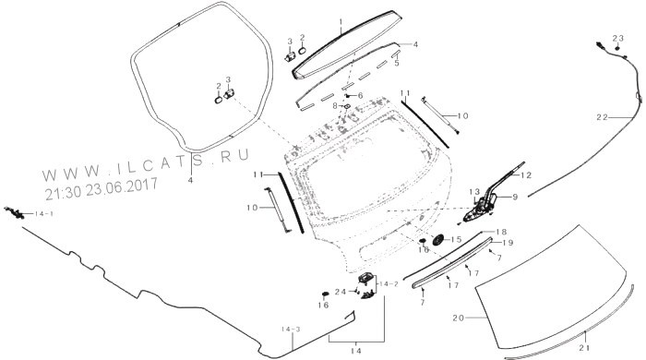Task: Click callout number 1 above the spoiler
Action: coord(341,21)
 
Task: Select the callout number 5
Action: coord(397,64)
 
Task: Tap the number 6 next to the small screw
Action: coord(361,96)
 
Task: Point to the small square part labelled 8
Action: coord(347,107)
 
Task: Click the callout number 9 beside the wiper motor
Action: coord(515,198)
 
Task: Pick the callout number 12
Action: coord(526,175)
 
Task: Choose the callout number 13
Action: coord(474,192)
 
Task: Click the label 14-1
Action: coord(43,214)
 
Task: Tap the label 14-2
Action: coord(389,284)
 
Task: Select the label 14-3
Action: coord(292,330)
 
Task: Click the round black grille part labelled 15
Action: coord(437,240)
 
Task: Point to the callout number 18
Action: coord(501,232)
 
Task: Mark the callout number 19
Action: coord(508,243)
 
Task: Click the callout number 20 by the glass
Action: coord(459,318)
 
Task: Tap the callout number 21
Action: coord(584,348)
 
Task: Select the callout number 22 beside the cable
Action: coord(602,117)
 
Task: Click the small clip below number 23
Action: coord(617,48)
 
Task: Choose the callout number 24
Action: coord(341,292)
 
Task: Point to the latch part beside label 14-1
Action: coord(15,212)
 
